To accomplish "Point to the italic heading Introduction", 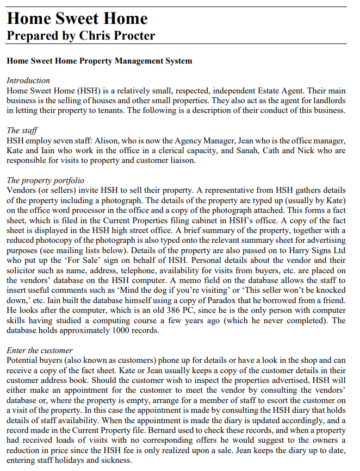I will click(x=28, y=80).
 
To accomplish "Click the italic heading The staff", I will click(x=22, y=130).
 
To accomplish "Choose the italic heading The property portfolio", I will click(x=46, y=180).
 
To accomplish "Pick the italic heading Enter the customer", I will click(x=40, y=350).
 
